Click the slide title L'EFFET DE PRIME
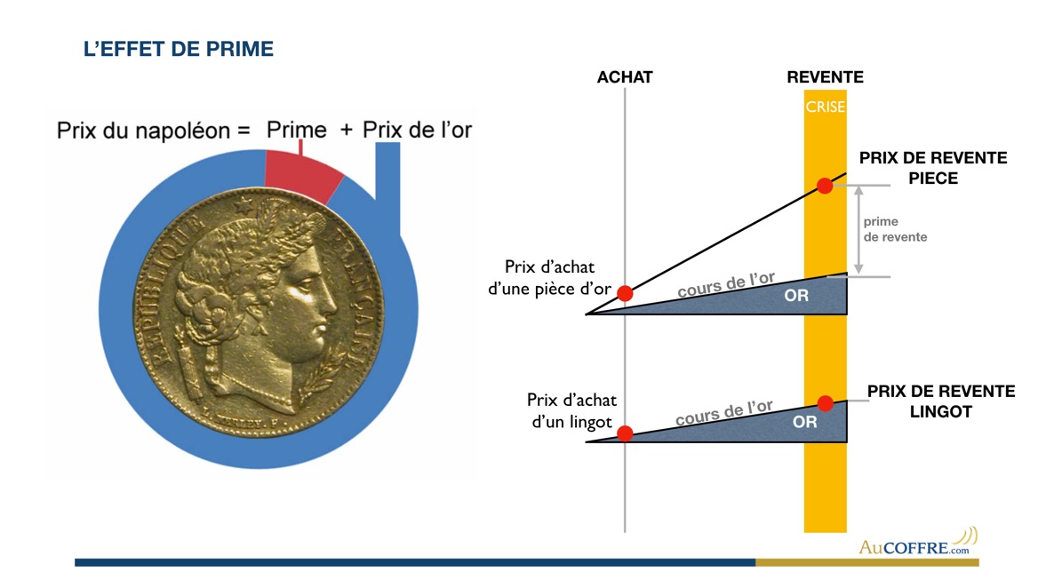[x=178, y=50]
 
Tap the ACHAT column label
[x=625, y=77]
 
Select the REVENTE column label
[x=825, y=77]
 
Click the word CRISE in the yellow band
[x=825, y=107]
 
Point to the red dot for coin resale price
[x=825, y=186]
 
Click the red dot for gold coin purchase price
[x=625, y=293]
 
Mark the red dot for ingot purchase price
[x=625, y=433]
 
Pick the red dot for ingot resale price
[x=825, y=403]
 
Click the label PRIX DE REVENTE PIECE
[x=932, y=168]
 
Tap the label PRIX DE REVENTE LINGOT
[x=940, y=401]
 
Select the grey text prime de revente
[x=894, y=229]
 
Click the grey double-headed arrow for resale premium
[x=858, y=230]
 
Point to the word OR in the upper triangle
[x=797, y=296]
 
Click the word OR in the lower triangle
[x=804, y=423]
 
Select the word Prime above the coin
[x=297, y=130]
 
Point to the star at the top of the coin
[x=241, y=203]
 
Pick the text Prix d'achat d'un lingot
[x=571, y=410]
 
